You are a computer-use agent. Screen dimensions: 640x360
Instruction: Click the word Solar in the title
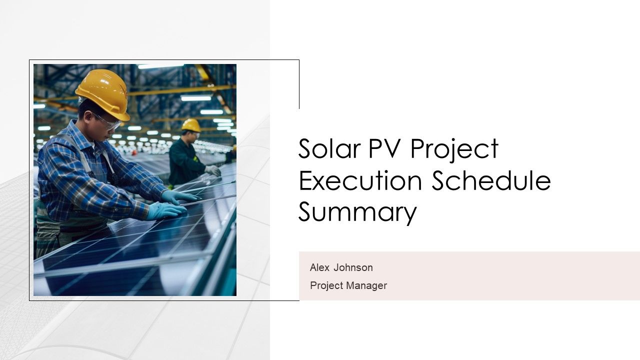pyautogui.click(x=329, y=148)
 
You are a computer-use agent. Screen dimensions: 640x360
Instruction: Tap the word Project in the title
pyautogui.click(x=454, y=150)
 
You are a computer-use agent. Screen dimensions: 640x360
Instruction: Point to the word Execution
pyautogui.click(x=360, y=180)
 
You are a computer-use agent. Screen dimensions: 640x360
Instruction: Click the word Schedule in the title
pyautogui.click(x=491, y=180)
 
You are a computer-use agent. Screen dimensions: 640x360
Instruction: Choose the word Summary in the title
pyautogui.click(x=357, y=213)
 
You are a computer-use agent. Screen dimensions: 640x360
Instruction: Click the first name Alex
pyautogui.click(x=319, y=267)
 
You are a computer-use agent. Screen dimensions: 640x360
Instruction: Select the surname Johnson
pyautogui.click(x=353, y=267)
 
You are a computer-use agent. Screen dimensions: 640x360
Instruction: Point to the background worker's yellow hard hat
pyautogui.click(x=191, y=125)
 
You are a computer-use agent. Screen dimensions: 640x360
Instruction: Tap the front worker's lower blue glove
pyautogui.click(x=165, y=211)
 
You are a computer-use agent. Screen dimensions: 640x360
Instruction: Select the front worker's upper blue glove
pyautogui.click(x=178, y=197)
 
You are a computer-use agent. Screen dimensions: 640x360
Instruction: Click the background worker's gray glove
pyautogui.click(x=212, y=170)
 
